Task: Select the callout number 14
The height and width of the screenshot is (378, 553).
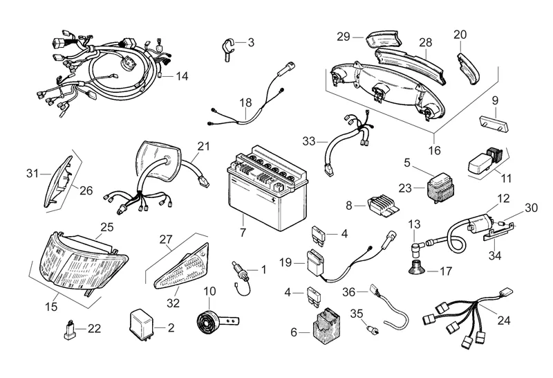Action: (x=182, y=75)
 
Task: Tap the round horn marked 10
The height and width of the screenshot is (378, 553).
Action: (x=207, y=319)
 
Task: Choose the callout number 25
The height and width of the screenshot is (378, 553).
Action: (x=107, y=226)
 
